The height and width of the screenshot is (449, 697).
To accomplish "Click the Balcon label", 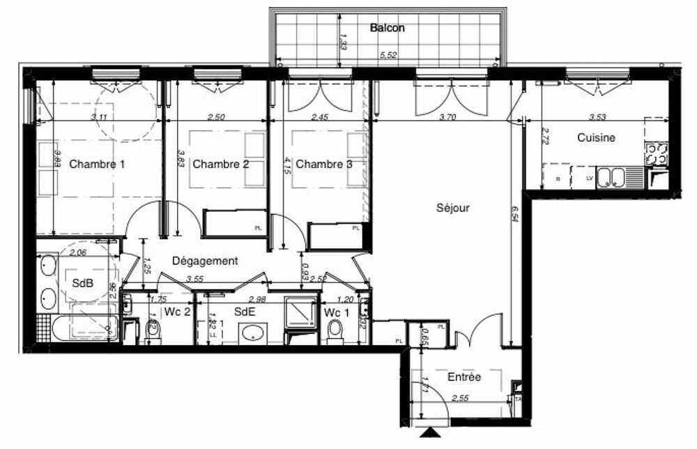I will coord(388,29).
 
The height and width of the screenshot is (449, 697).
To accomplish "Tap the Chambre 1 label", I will coord(98,165).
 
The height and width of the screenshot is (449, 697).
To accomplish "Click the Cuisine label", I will coord(596,138).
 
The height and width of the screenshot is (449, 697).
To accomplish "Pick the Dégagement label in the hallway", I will coord(205,261).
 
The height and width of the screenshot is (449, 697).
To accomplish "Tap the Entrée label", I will coord(464,377).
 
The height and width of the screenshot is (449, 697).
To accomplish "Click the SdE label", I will coord(243,312).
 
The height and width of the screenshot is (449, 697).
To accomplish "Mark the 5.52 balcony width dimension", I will coord(388,56).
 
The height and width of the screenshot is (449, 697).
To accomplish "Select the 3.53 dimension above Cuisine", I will coord(597,119).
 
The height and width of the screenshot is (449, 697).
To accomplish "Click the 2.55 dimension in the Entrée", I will coord(461,399).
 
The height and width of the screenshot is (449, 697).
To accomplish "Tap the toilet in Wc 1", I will coord(335,332).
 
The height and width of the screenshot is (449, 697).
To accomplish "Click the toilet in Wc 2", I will coord(153,333).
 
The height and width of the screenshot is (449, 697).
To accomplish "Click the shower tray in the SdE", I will coord(301,313).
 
